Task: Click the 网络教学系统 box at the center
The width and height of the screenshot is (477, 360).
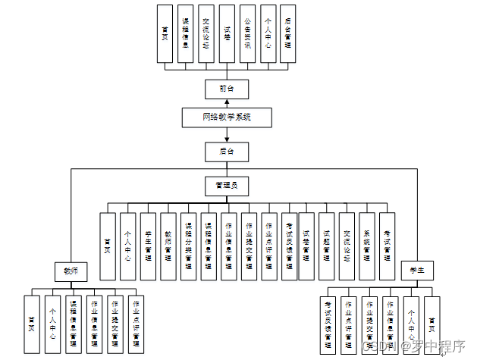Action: tap(227, 117)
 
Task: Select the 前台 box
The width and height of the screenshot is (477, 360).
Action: tap(227, 89)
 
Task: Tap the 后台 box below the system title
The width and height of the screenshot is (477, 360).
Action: tap(227, 152)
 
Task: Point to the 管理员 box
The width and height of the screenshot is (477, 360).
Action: tap(227, 185)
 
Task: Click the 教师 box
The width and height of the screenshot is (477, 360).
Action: tap(71, 271)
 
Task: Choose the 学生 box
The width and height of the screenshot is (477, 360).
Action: tap(416, 270)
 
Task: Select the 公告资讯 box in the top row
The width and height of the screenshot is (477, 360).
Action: tap(247, 33)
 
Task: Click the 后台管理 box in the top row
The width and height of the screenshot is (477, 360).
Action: tap(287, 33)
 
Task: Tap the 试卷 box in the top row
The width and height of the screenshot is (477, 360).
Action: tap(227, 33)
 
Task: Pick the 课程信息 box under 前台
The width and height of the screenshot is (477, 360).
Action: tap(186, 33)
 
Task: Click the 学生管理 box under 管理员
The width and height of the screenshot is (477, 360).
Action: tap(148, 247)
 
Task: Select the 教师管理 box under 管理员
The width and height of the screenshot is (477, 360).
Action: tap(168, 247)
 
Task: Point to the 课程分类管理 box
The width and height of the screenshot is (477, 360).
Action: tap(188, 247)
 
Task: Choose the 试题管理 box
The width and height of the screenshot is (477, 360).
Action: tap(327, 247)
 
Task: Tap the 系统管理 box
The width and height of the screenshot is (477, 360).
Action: tap(367, 247)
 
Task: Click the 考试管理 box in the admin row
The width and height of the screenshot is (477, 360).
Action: tap(387, 247)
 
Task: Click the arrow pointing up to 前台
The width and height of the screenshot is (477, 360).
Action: tap(227, 102)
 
